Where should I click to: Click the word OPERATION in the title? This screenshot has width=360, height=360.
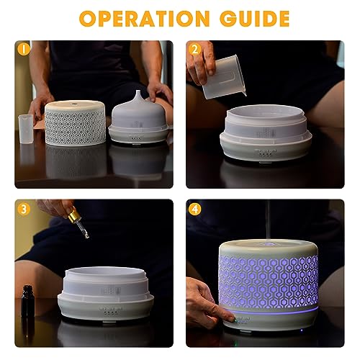(140, 18)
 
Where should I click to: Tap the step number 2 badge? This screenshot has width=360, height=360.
(196, 50)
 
